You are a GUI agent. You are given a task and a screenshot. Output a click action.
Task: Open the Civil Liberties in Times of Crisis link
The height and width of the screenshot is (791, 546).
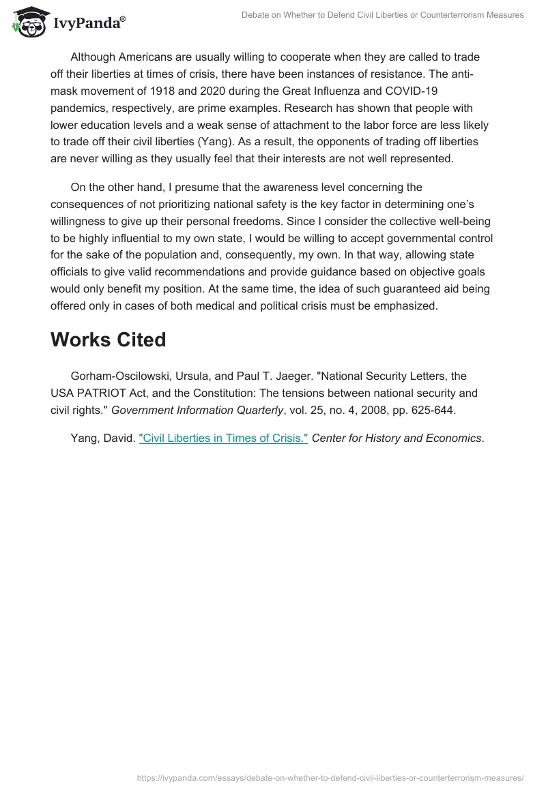[224, 438]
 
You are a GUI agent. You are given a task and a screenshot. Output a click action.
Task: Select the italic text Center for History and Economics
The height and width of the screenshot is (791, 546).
[397, 438]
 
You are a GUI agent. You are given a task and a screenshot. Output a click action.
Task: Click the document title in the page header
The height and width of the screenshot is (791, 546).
[383, 15]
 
